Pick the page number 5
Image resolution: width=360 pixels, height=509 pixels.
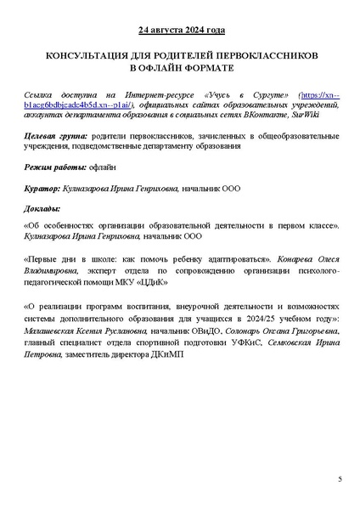339,480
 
